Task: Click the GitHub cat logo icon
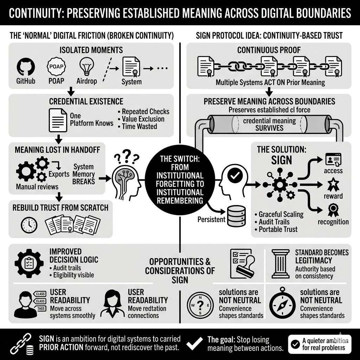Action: pos(25,67)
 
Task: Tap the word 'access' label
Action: pos(333,171)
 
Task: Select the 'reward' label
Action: pos(333,196)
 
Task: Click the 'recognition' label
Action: pos(333,221)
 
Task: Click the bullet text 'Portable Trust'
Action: pos(278,229)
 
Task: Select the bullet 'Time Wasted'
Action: pos(139,126)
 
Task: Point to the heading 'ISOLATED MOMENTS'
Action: pos(91,50)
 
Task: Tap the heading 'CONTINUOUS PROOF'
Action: pos(269,50)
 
